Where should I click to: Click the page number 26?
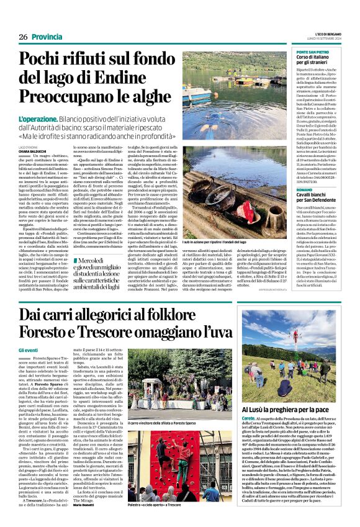pyautogui.click(x=23, y=37)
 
